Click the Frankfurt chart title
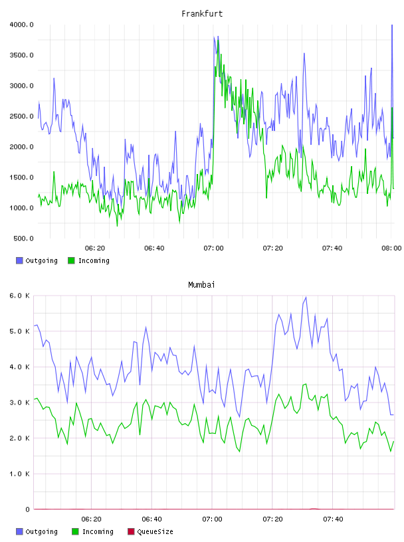[202, 14]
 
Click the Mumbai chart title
[201, 285]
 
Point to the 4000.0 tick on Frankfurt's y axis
[21, 25]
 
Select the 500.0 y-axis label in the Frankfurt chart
[23, 238]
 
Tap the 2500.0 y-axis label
[21, 116]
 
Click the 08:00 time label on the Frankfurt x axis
[391, 248]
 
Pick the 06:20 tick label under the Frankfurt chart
[95, 248]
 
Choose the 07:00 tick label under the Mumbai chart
[212, 519]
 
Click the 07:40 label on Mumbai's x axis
[333, 519]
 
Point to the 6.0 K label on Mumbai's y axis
[19, 296]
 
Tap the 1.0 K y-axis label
[19, 474]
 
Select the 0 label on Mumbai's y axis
[27, 509]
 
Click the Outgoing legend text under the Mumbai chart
[41, 531]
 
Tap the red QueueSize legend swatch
[131, 531]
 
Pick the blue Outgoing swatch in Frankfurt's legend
[19, 260]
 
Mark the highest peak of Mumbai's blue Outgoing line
[306, 297]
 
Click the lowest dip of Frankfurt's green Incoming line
[117, 226]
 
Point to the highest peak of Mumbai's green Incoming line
[306, 384]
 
